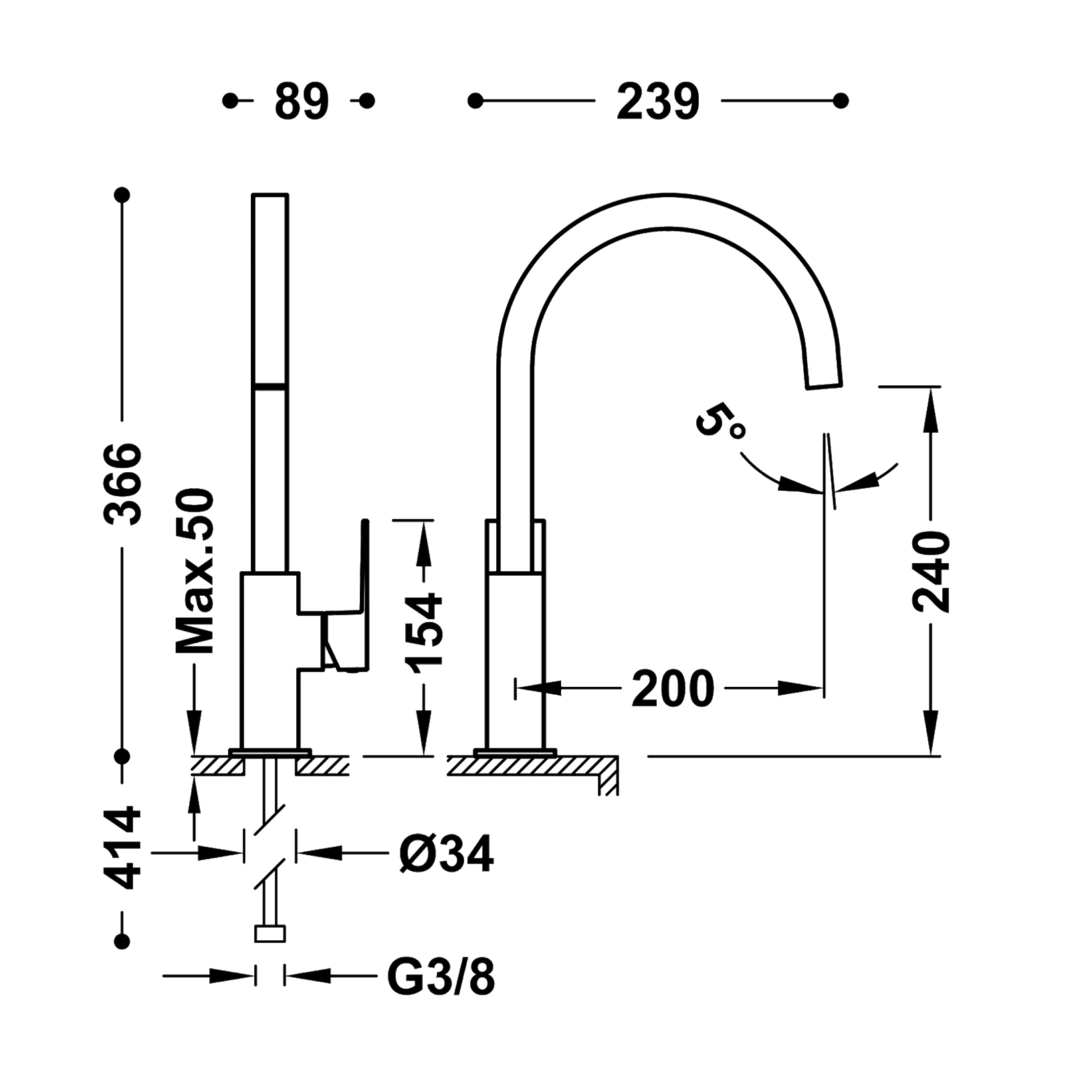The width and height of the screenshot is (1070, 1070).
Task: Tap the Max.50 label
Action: [x=194, y=570]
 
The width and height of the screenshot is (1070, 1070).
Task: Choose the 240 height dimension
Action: [x=931, y=572]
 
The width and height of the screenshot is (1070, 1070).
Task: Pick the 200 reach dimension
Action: [x=671, y=688]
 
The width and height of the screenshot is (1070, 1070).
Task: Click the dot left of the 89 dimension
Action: [x=231, y=102]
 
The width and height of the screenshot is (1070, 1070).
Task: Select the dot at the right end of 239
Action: [x=841, y=102]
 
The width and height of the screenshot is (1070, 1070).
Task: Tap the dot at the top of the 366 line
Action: [x=122, y=195]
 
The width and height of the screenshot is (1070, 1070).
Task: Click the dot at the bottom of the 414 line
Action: [x=122, y=940]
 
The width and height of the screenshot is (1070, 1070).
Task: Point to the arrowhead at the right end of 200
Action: [x=806, y=687]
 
